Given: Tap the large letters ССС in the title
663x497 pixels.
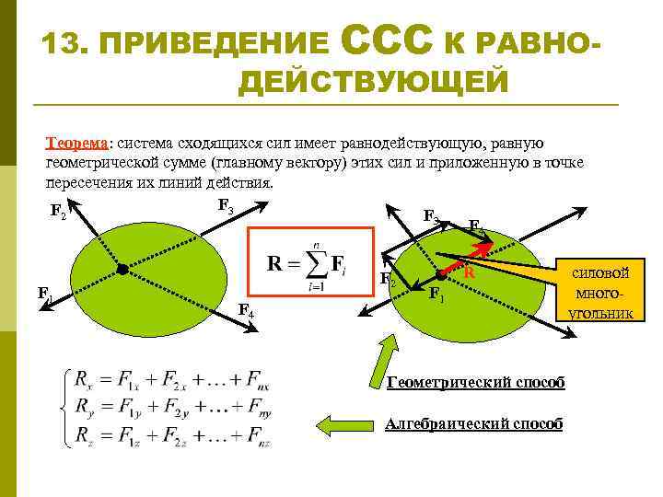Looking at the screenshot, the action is click(x=386, y=41).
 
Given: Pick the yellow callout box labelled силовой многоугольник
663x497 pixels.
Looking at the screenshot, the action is click(x=600, y=288).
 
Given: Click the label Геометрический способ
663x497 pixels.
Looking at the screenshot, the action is click(x=475, y=382).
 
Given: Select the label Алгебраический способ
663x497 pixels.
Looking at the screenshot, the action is click(x=473, y=423).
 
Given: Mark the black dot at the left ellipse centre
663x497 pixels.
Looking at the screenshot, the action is click(x=122, y=269).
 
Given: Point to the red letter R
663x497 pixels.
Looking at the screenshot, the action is click(x=469, y=272).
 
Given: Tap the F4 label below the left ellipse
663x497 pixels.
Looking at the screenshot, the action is click(x=246, y=310).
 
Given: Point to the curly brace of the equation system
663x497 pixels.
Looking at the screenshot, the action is click(x=62, y=406).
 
